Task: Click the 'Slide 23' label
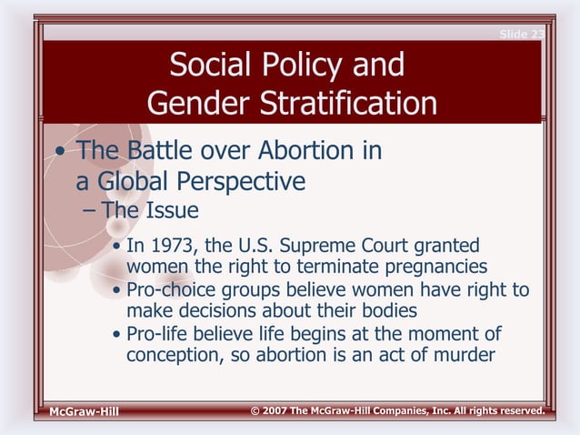[x=521, y=35]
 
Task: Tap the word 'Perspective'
[x=243, y=182]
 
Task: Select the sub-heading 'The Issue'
[x=149, y=210]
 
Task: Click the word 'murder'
[x=462, y=354]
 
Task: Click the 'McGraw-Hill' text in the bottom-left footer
[x=84, y=412]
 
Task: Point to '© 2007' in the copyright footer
[x=272, y=411]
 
